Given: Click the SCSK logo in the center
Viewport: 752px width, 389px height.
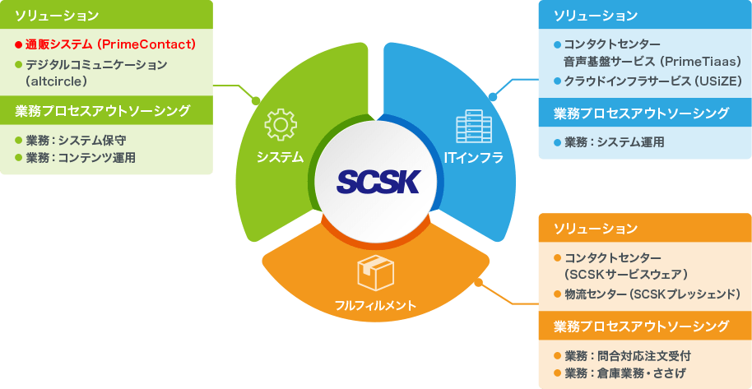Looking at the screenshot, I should [x=378, y=179].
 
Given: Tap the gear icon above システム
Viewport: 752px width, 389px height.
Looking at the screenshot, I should [x=280, y=126].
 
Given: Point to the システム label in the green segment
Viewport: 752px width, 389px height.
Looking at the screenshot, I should [x=280, y=157].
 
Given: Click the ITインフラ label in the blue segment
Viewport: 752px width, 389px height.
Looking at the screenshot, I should [x=473, y=157].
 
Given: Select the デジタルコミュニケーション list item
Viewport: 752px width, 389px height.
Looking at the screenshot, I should [x=96, y=64].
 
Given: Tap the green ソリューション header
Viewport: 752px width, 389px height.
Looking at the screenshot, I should [x=57, y=16].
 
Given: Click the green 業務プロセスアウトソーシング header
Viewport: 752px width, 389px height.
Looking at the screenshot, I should [x=103, y=110].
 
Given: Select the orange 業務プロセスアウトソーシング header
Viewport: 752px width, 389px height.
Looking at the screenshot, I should [x=641, y=326].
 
